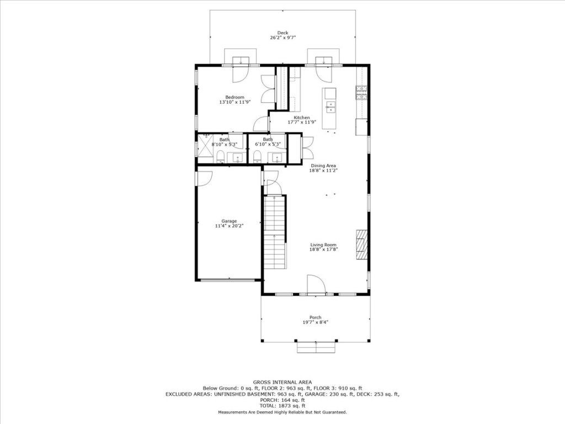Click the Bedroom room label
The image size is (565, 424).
coord(234,97)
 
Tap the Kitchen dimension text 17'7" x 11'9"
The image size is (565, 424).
coord(302,122)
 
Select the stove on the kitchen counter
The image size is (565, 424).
coord(361,93)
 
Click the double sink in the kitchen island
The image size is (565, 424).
coord(330,107)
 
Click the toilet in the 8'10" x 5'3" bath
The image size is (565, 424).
coord(221,156)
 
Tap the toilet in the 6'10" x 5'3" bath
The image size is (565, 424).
coord(257,156)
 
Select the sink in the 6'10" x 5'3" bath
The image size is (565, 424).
coord(277,157)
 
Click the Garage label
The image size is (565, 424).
coord(229,221)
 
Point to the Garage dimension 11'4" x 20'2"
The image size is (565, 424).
coord(229,226)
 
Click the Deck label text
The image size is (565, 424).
coord(282,33)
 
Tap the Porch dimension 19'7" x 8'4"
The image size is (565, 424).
coord(315,322)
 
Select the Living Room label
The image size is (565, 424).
coord(323,245)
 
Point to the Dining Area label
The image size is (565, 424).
coord(323,166)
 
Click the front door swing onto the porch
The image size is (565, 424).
coord(316,284)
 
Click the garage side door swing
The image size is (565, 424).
coord(205,178)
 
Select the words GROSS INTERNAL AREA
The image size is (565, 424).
coord(282,382)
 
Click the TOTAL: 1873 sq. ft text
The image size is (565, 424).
coord(282,406)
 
